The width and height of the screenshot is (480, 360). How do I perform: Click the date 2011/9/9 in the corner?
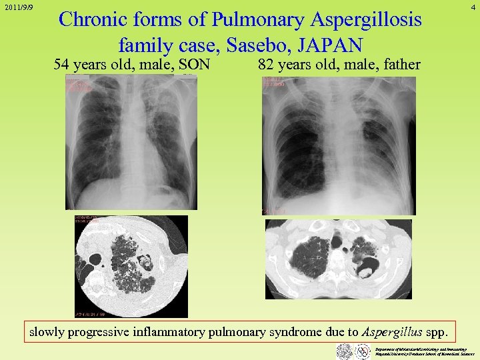click(x=19, y=8)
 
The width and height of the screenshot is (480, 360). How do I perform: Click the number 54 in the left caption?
click(x=61, y=65)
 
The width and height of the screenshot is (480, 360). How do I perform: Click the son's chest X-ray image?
click(x=131, y=143)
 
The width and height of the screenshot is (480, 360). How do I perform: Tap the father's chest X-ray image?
click(x=339, y=145)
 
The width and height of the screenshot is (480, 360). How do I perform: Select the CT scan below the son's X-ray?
click(x=131, y=266)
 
